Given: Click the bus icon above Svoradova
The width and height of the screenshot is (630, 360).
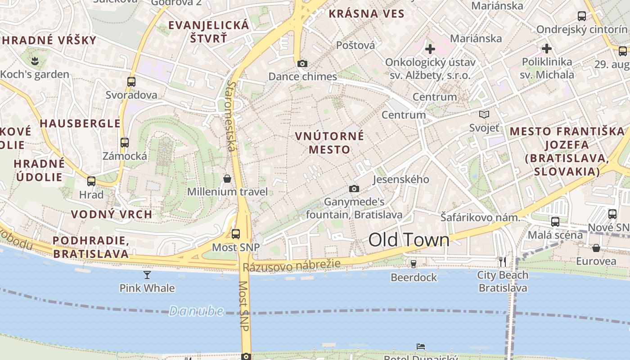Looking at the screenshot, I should tap(131, 82).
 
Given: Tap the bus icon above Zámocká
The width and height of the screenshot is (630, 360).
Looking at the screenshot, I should tap(125, 143).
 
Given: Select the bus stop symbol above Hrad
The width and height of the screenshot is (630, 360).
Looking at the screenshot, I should tap(91, 181).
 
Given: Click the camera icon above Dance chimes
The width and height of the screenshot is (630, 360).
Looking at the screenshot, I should tap(302, 63).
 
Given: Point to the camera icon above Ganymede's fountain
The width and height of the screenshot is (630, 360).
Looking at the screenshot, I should tap(354, 189).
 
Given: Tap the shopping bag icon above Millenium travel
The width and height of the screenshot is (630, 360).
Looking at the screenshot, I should tap(227, 179).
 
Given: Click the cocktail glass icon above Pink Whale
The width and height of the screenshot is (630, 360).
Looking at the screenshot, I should tap(147, 274).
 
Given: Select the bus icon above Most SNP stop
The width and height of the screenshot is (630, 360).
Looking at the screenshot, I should tap(236, 234).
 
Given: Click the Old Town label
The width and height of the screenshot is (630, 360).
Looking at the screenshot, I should tap(409, 240).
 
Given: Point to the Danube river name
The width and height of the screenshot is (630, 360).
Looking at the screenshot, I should tap(196, 311).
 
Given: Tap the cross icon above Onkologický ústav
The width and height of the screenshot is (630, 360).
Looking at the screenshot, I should tap(430, 49).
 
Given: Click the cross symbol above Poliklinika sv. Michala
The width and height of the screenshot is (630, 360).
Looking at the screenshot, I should tap(547, 49).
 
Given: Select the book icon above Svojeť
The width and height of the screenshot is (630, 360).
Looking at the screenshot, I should tap(484, 115).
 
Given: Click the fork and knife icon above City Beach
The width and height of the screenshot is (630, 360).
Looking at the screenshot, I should tap(503, 261).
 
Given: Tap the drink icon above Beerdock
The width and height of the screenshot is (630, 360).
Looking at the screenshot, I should tap(414, 264).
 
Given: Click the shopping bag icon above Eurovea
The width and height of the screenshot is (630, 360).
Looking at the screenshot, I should tap(596, 248).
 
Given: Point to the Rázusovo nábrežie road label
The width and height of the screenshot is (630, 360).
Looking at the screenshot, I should tap(292, 265).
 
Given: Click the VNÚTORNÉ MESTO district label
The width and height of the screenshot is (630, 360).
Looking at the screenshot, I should tap(329, 143).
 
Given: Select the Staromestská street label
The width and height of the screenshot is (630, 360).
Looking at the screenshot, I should tap(232, 116).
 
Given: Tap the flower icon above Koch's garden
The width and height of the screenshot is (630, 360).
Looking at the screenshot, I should tap(35, 60).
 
